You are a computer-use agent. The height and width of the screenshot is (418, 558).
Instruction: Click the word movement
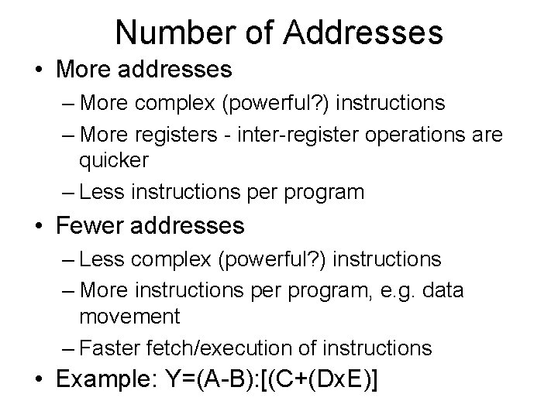129,317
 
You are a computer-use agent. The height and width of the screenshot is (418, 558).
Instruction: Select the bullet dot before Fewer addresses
39,227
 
